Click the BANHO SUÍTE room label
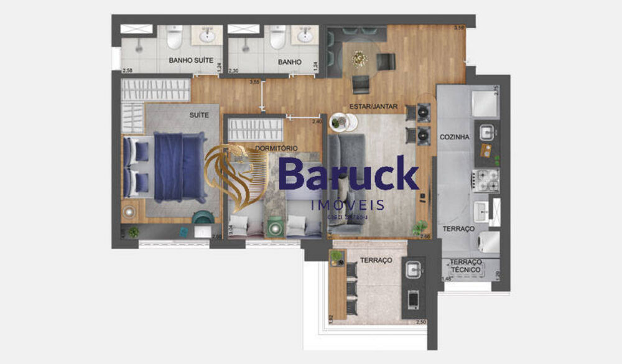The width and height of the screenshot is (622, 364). pyautogui.click(x=191, y=61)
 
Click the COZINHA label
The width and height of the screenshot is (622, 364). pyautogui.click(x=454, y=136)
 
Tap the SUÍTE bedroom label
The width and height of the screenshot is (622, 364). pyautogui.click(x=199, y=115)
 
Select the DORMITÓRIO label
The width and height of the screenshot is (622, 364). pyautogui.click(x=276, y=148)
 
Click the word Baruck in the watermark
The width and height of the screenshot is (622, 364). pyautogui.click(x=348, y=175)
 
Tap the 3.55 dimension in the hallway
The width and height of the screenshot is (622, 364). pyautogui.click(x=254, y=82)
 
